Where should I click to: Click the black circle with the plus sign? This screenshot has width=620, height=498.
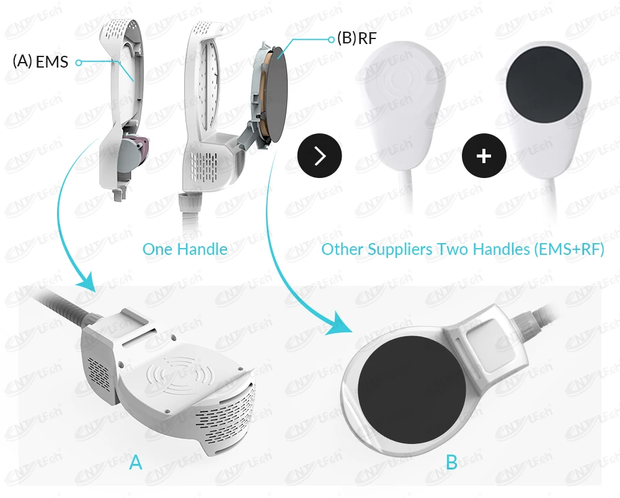tap(484, 155)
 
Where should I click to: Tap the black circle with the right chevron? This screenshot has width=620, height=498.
tap(320, 156)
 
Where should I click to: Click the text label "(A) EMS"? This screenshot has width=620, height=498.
tap(41, 61)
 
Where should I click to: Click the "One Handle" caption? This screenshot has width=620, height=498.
tap(185, 250)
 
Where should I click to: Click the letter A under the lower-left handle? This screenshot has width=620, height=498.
tap(136, 462)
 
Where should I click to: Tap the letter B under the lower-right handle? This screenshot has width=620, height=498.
tap(451, 462)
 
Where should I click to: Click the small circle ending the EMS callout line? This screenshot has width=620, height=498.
tap(78, 62)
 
